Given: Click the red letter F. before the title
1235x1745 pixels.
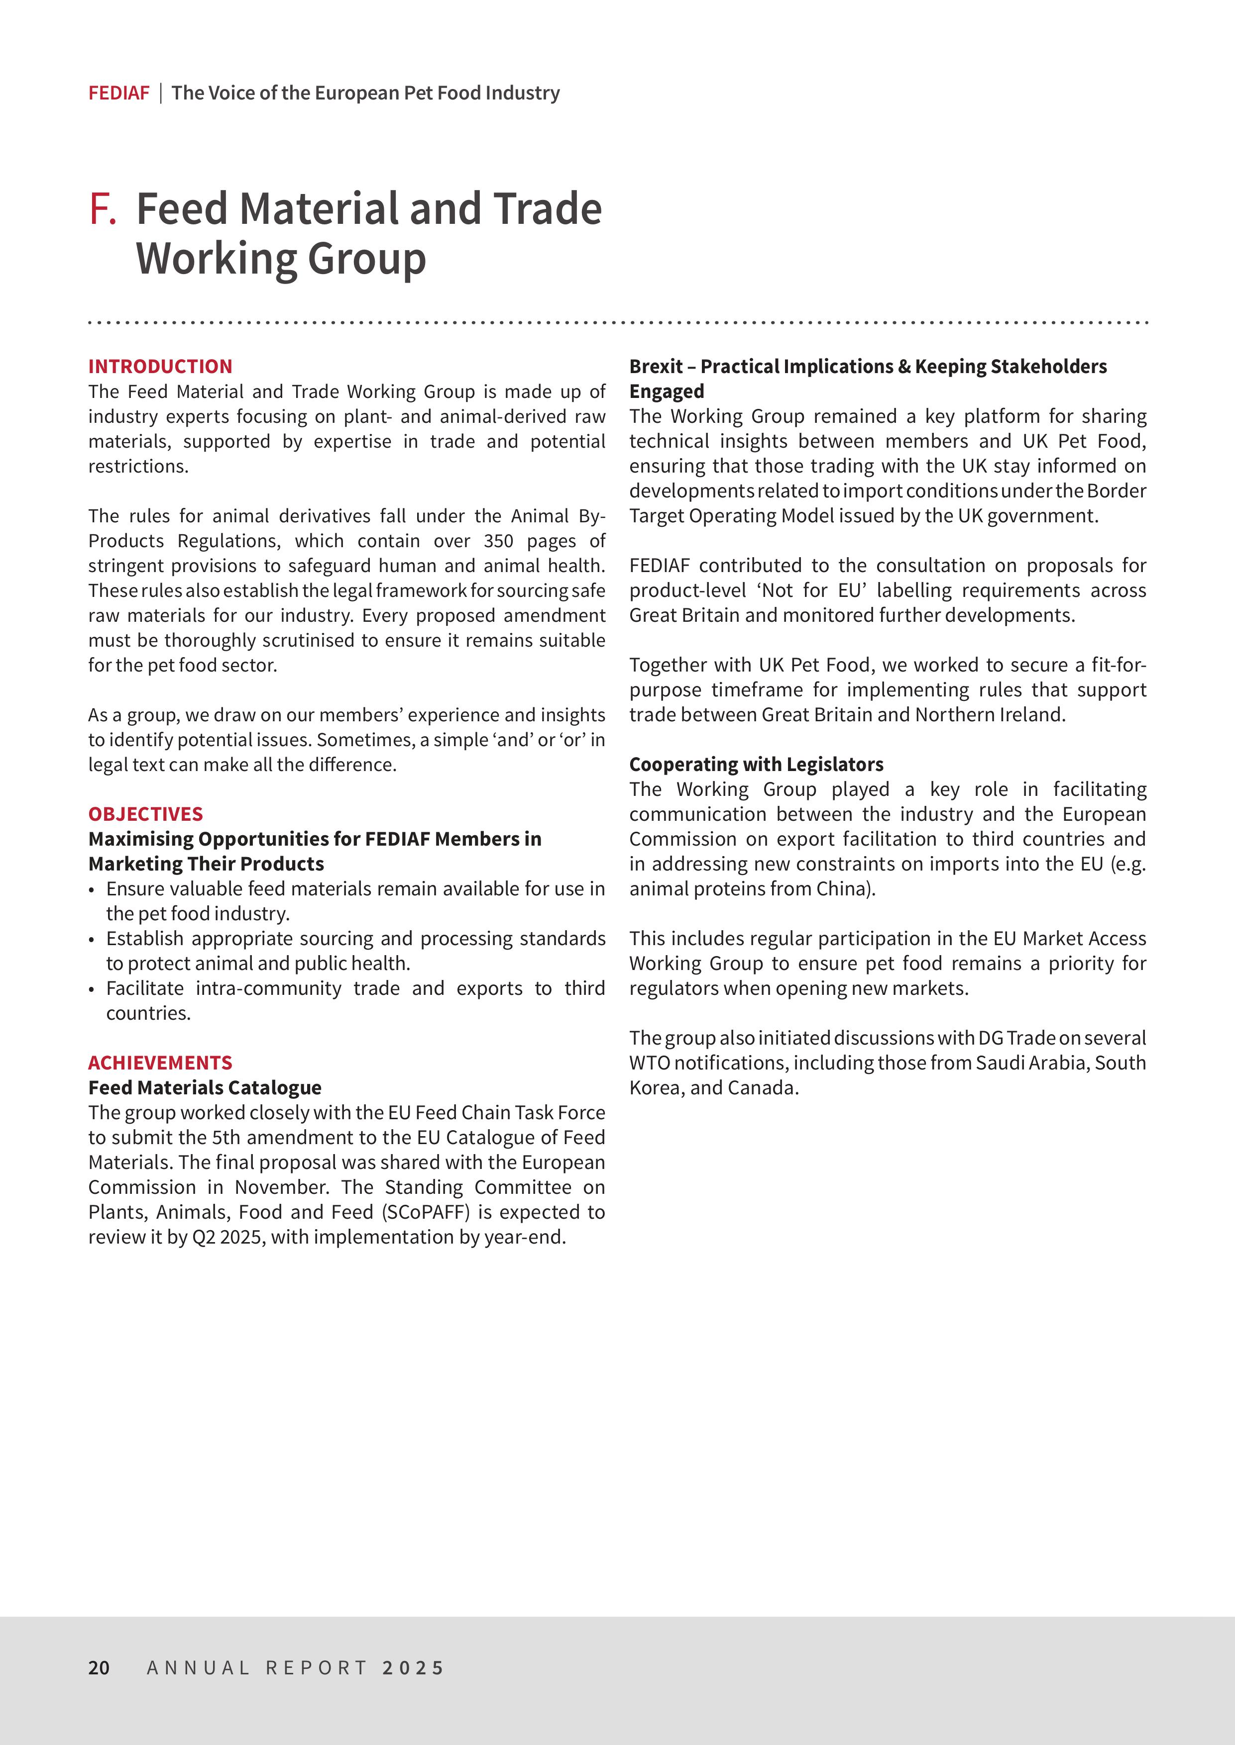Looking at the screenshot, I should pyautogui.click(x=103, y=209).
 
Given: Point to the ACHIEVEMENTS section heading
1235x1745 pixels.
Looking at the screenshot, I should pyautogui.click(x=160, y=1063).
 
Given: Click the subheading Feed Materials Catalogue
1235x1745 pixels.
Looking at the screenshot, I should pyautogui.click(x=205, y=1087).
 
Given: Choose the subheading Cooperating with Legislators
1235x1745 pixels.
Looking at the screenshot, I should pyautogui.click(x=756, y=764).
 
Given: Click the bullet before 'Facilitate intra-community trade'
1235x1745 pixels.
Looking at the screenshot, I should pyautogui.click(x=92, y=989).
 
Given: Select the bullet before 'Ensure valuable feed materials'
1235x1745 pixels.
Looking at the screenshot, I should pyautogui.click(x=92, y=890).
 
